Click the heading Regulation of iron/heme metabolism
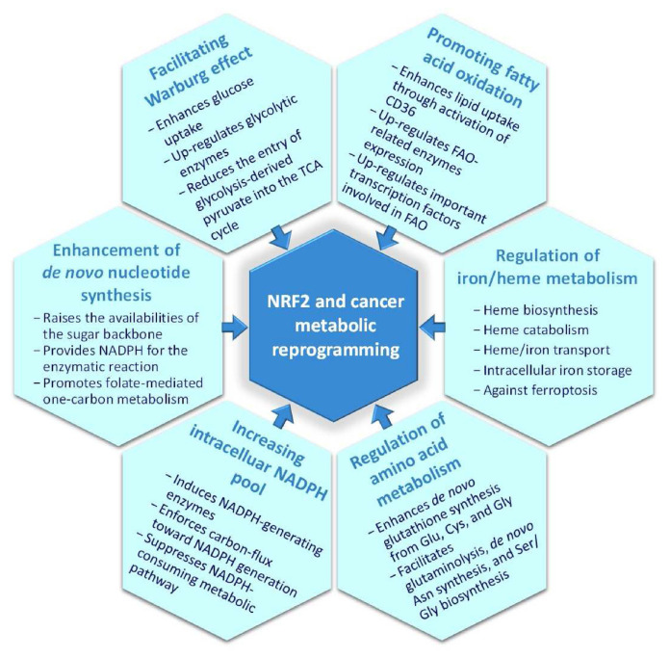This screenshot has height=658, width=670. [x=547, y=267]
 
